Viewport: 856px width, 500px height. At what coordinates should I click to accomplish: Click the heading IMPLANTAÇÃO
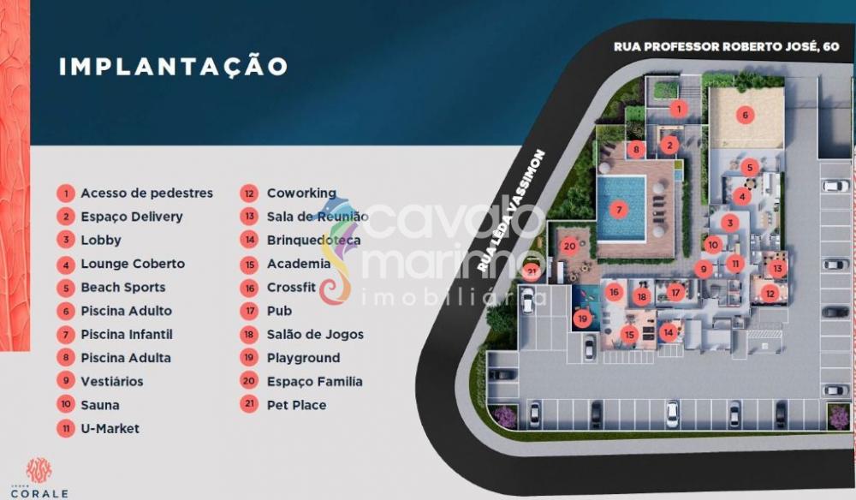[x=173, y=67]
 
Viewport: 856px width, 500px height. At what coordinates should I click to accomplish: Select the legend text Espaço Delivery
[x=132, y=217]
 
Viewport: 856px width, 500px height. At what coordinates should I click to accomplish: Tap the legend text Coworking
[x=301, y=193]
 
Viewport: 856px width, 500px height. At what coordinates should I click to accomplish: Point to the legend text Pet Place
[x=296, y=405]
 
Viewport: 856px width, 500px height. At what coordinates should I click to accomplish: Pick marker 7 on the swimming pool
[x=620, y=209]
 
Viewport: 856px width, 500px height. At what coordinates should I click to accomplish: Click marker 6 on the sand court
[x=745, y=115]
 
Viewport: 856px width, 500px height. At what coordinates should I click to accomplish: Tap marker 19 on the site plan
[x=583, y=319]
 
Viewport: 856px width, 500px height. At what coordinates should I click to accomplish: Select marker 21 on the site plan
[x=532, y=272]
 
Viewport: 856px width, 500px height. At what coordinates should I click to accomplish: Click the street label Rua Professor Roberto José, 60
[x=726, y=46]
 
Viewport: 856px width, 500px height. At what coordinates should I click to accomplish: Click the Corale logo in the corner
[x=39, y=477]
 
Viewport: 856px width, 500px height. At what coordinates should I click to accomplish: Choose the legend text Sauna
[x=100, y=405]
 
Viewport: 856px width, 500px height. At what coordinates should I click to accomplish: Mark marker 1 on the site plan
[x=678, y=108]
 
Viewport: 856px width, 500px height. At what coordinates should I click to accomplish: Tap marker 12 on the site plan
[x=770, y=294]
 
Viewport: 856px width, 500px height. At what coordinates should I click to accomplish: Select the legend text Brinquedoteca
[x=313, y=241]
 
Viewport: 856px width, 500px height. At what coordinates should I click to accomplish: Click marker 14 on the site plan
[x=668, y=330]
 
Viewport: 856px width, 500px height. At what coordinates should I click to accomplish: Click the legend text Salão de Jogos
[x=315, y=335]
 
